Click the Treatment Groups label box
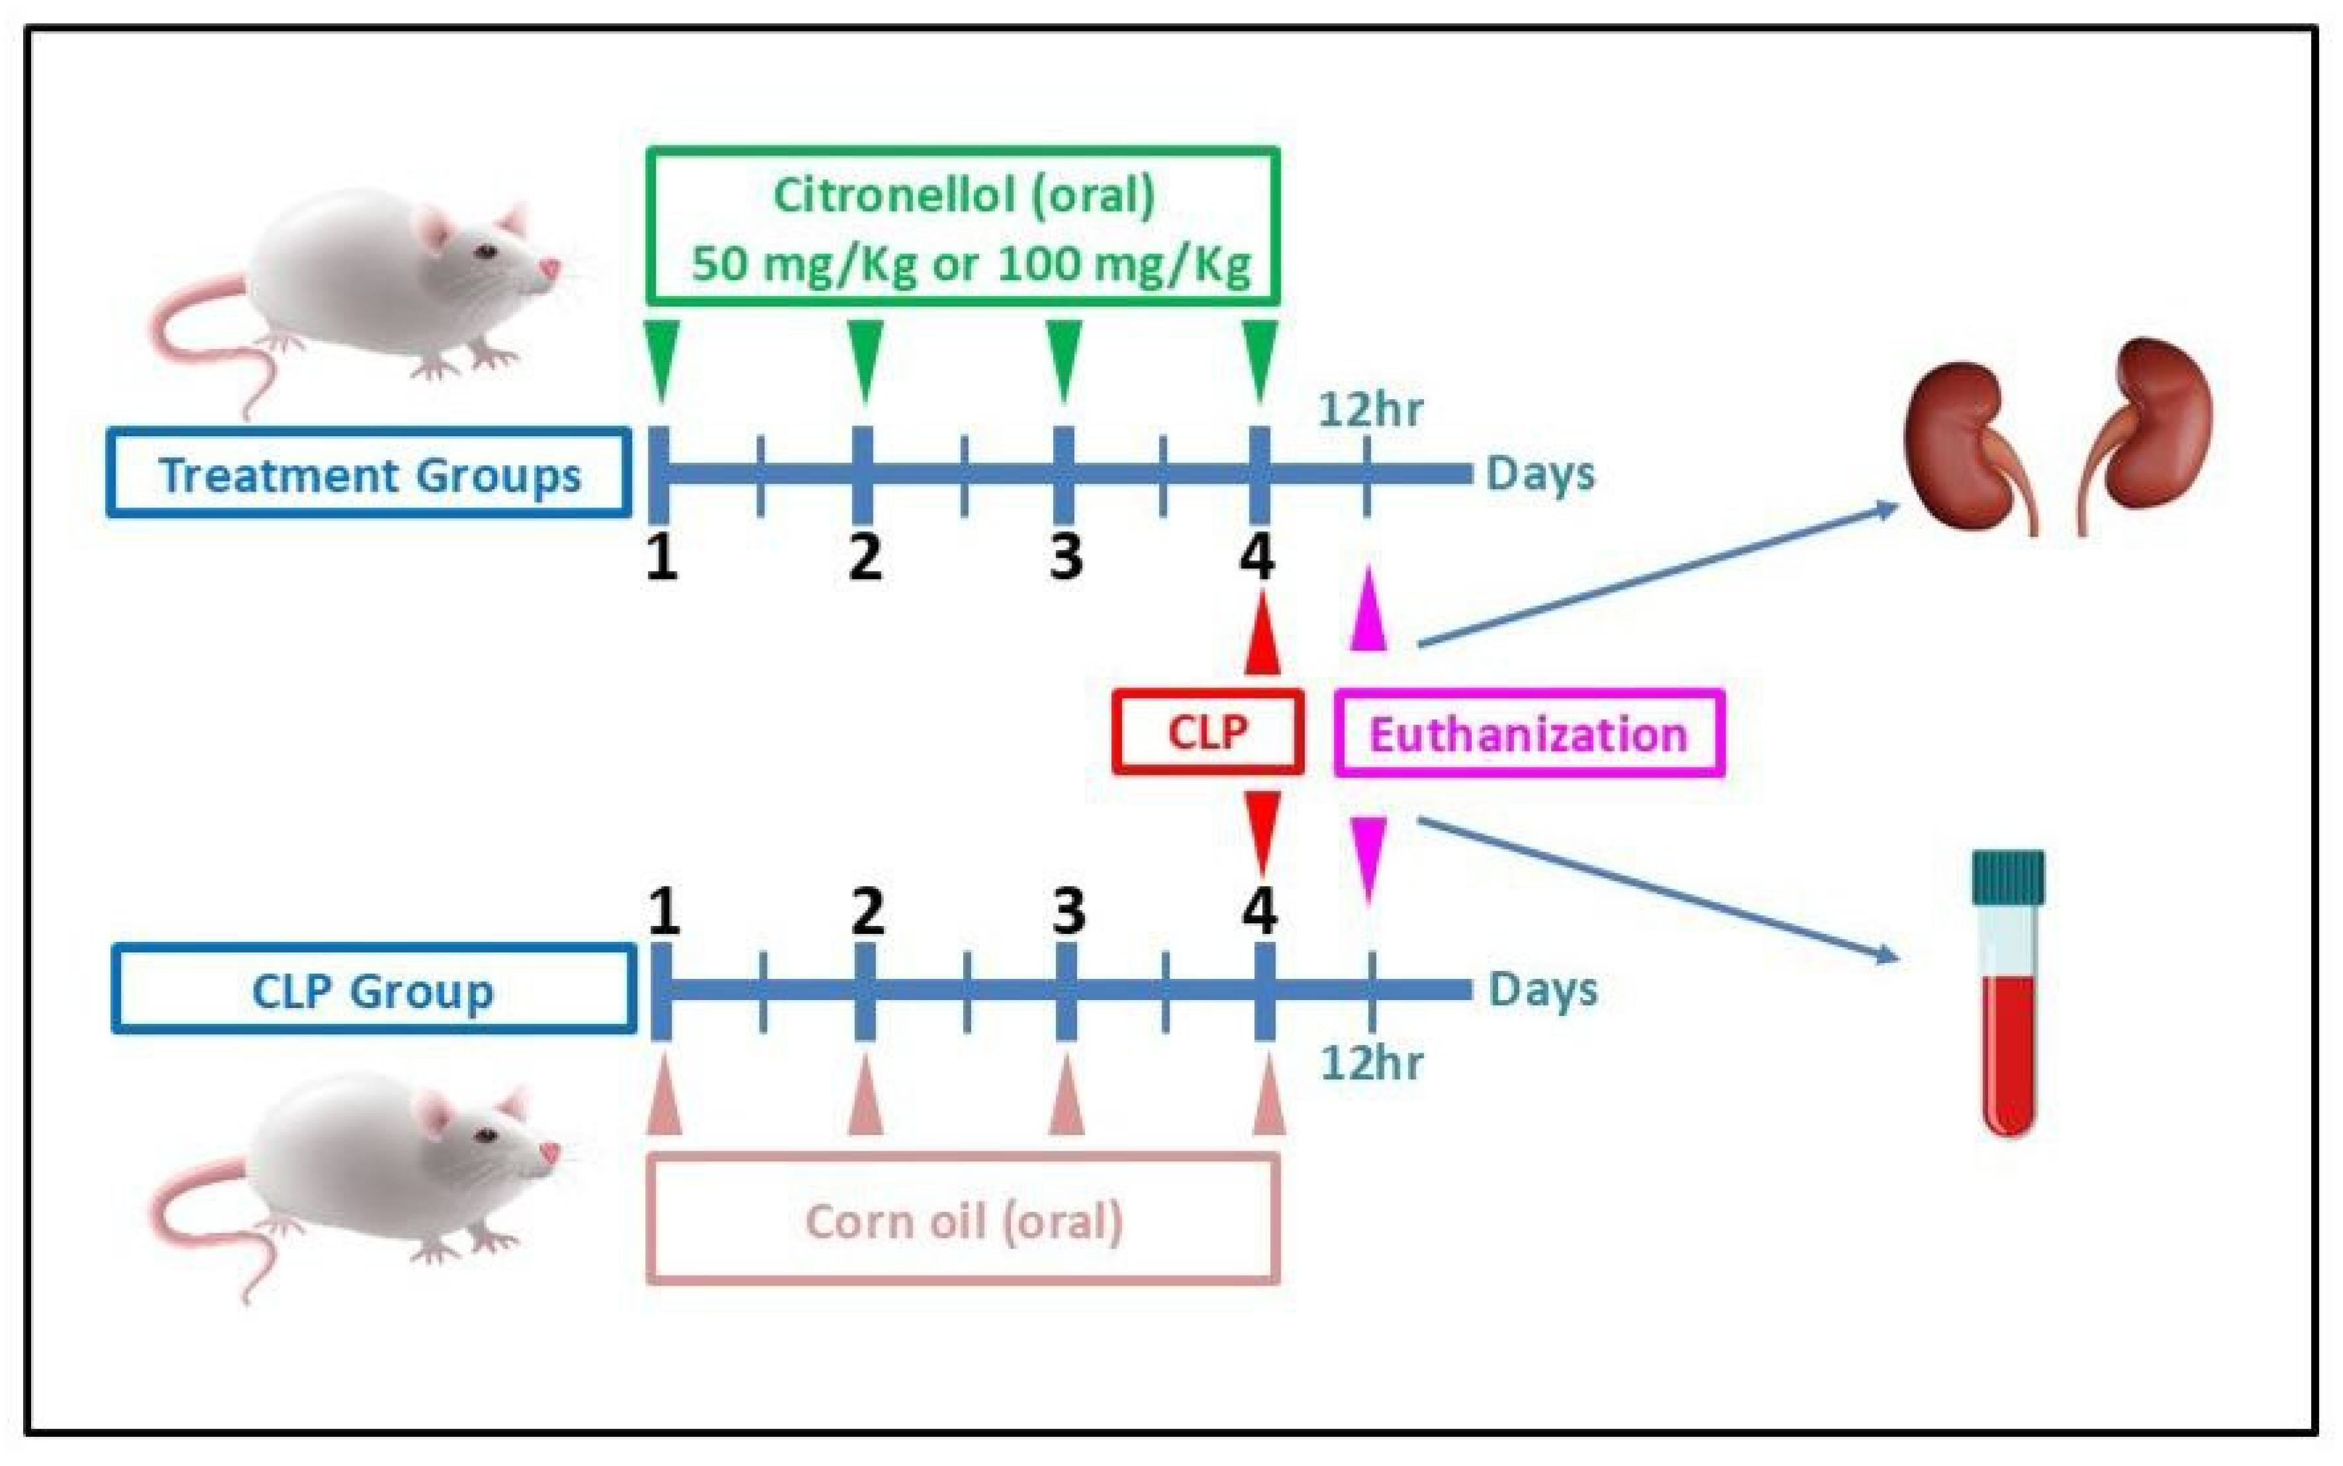(x=368, y=474)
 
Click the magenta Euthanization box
(x=1529, y=734)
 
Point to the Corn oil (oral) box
(x=963, y=1219)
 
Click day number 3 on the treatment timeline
(x=1066, y=557)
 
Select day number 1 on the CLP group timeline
(x=663, y=911)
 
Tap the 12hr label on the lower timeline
(x=1371, y=1063)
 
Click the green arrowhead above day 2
(x=865, y=357)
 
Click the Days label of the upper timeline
(x=1540, y=474)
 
